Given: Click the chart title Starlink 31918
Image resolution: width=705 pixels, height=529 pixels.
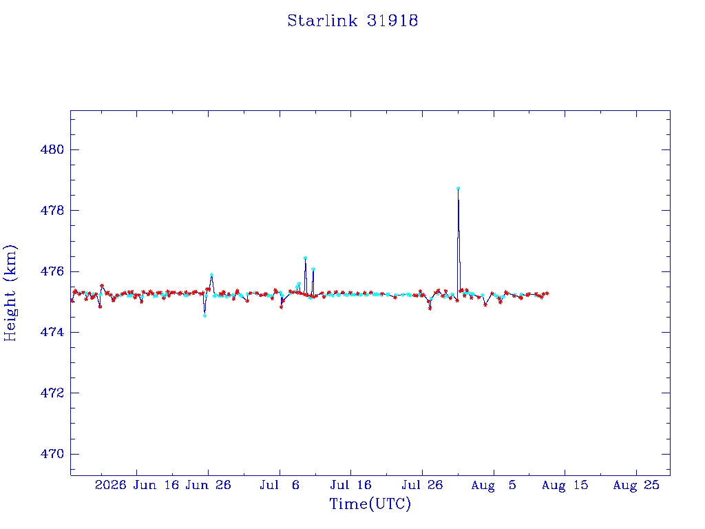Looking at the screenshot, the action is click(352, 21).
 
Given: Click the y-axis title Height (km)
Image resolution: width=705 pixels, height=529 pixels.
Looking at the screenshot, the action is click(10, 293).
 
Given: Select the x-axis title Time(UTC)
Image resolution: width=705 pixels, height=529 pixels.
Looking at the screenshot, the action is click(370, 504).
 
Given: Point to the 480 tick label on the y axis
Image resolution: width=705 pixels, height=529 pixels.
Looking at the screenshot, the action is click(52, 149).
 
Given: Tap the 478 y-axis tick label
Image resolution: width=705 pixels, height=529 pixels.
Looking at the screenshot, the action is click(52, 210).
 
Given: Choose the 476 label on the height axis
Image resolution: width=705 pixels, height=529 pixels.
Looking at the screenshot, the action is click(52, 271).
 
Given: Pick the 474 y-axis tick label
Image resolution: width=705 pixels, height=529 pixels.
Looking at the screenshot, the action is click(52, 332).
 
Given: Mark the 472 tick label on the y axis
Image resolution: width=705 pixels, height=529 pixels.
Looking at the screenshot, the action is click(52, 393).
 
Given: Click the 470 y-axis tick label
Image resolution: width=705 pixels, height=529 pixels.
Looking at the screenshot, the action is click(52, 454).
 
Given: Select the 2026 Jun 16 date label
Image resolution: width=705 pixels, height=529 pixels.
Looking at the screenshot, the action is click(137, 485).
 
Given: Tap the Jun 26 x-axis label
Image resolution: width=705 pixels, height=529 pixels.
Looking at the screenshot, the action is click(208, 485).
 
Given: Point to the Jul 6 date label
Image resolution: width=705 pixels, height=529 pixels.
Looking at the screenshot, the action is click(280, 485).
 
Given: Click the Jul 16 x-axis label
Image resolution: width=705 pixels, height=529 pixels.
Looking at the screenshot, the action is click(350, 485).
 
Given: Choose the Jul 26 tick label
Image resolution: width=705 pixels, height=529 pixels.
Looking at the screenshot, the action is click(422, 485).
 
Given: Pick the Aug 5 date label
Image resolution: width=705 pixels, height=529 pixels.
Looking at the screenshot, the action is click(494, 485).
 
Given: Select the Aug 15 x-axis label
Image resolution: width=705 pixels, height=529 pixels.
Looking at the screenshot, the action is click(565, 485).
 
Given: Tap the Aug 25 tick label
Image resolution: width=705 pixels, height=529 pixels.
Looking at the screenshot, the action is click(636, 485).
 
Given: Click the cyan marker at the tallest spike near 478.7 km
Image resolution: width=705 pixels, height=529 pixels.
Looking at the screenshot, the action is click(458, 189).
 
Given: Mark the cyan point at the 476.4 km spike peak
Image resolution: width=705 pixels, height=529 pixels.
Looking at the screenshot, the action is click(305, 258).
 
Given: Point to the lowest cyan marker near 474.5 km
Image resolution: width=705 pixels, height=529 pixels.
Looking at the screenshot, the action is click(204, 315).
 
